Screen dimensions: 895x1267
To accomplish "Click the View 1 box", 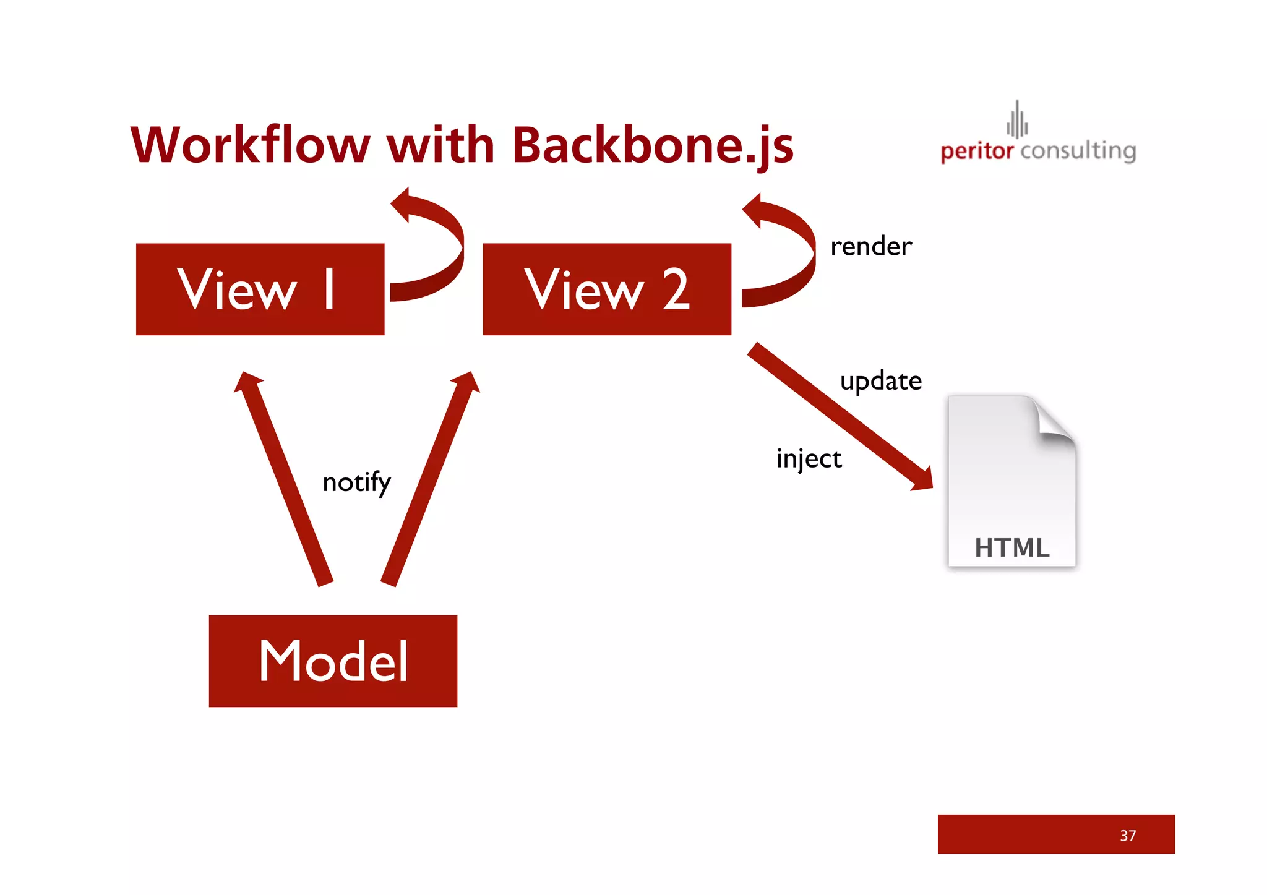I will tap(260, 289).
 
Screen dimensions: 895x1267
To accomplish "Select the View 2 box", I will tap(606, 289).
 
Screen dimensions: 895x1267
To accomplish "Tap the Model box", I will tap(333, 661).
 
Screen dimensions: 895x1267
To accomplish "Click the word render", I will tap(870, 247).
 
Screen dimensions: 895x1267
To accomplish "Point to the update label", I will tap(880, 381).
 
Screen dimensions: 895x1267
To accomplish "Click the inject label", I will tap(809, 459).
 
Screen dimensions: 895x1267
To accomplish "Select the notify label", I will tap(356, 482).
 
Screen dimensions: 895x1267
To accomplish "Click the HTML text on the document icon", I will tap(1011, 548).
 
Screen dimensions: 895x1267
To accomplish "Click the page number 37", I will tap(1127, 836).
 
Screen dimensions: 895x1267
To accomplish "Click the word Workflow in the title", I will tap(250, 145).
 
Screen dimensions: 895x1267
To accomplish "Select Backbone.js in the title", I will tap(652, 145).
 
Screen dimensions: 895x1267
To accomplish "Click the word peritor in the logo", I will tap(976, 151).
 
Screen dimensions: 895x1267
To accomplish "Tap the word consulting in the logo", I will tap(1078, 151).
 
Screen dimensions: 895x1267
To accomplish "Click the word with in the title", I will tap(440, 145).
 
